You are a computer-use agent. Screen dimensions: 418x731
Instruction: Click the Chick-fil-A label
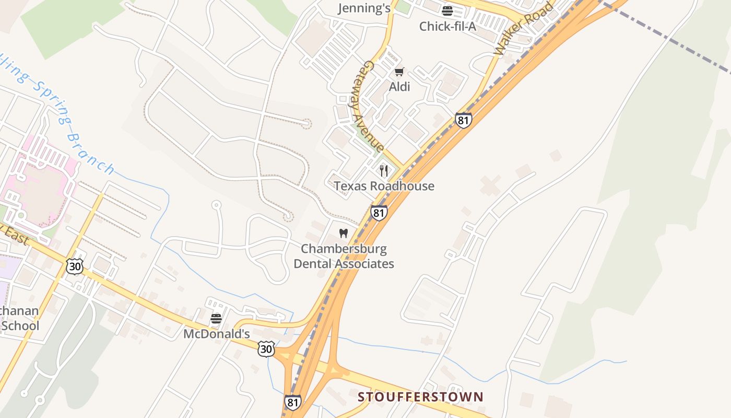[447, 26]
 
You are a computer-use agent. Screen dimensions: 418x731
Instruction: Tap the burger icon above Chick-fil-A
[447, 10]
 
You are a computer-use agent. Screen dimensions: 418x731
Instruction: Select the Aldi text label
[399, 87]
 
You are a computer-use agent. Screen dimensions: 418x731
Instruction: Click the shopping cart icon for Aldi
[399, 72]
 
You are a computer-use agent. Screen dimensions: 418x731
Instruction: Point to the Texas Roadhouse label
[384, 186]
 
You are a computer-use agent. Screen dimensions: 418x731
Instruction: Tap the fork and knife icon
[384, 170]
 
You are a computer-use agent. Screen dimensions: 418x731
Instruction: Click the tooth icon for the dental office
[344, 233]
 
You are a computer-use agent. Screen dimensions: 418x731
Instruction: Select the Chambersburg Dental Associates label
[344, 256]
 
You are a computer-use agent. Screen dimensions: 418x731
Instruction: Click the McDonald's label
[216, 333]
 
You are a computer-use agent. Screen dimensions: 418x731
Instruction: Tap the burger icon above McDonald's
[216, 318]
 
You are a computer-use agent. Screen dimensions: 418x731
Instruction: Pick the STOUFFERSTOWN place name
[420, 397]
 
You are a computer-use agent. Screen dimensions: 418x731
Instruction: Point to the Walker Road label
[523, 29]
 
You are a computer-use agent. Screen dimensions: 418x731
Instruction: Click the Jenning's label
[364, 8]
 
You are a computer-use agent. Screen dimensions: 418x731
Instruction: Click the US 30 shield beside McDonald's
[266, 349]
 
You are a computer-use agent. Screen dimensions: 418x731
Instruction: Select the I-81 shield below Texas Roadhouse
[379, 213]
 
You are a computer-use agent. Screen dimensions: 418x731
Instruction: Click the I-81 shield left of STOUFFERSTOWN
[293, 402]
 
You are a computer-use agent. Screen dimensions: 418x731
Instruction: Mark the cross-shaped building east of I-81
[490, 185]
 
